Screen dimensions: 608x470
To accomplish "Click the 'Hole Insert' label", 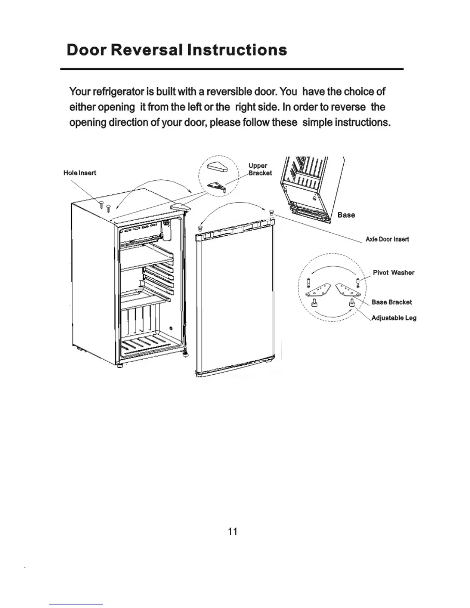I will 79,173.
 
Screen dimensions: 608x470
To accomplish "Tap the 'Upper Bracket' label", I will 260,169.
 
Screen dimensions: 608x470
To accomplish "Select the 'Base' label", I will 346,215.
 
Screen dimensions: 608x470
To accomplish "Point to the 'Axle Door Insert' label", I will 387,239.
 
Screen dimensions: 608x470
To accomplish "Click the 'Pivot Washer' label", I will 393,273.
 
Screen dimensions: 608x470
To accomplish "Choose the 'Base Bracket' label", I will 391,302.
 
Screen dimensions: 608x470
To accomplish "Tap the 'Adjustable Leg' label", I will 394,318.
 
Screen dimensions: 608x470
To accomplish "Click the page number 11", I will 232,531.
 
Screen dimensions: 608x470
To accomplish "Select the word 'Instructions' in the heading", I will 237,50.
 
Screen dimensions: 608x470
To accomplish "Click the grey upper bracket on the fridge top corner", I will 179,206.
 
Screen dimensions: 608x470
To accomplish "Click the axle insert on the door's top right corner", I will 271,212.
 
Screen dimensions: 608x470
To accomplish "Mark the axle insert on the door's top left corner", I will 200,228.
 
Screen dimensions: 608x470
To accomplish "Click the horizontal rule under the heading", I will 232,69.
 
